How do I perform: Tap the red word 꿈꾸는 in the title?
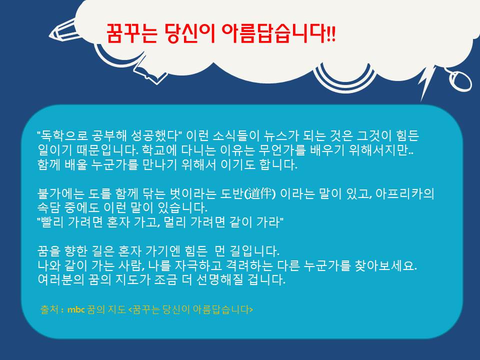(131, 33)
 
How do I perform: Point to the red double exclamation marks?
(331, 33)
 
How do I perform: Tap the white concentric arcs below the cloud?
(344, 79)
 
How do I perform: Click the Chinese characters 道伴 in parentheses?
(260, 193)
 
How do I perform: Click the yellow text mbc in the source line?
(76, 310)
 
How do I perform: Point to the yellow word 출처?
(49, 309)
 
